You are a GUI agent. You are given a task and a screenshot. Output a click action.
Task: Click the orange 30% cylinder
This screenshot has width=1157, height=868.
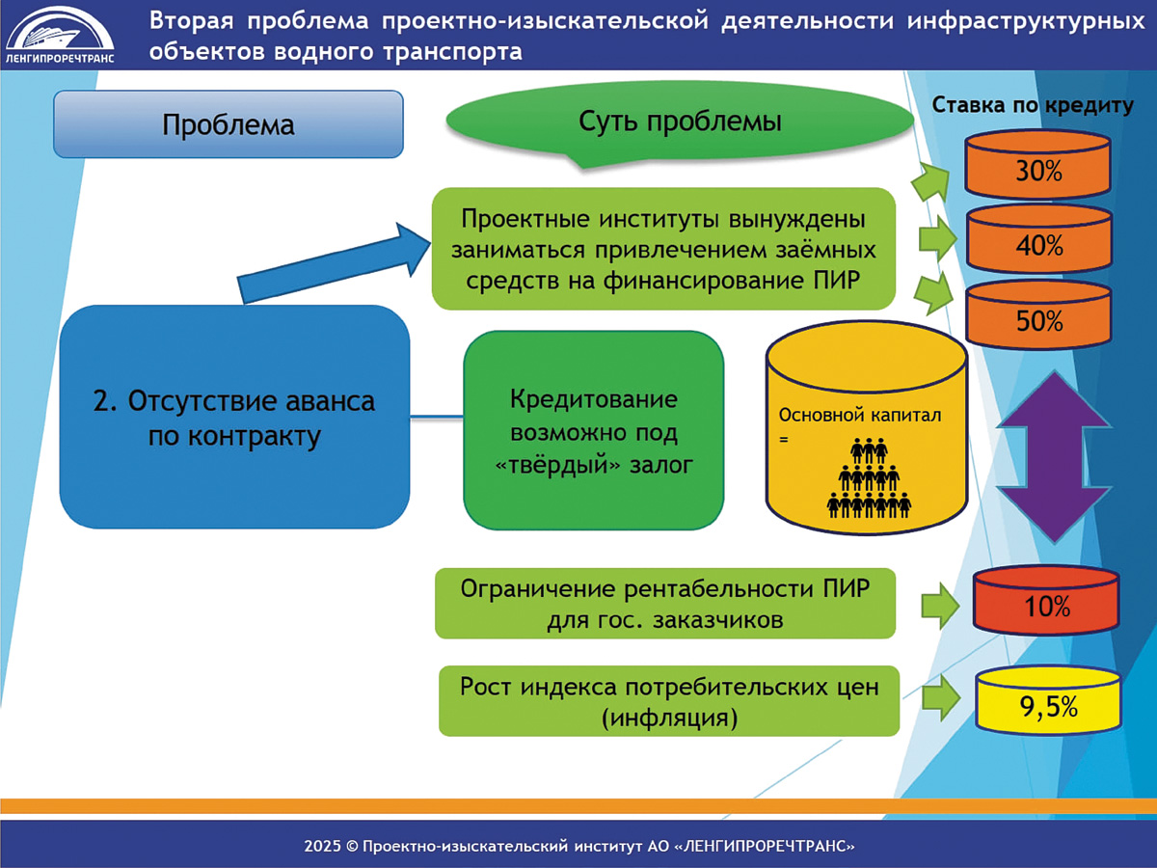tap(1037, 164)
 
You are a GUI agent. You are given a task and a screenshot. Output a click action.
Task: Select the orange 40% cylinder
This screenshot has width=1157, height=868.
tap(1039, 239)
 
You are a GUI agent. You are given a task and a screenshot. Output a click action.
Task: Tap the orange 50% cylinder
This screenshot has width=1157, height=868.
tap(1039, 314)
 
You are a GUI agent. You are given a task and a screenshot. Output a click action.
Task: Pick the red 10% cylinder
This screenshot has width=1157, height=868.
tap(1046, 600)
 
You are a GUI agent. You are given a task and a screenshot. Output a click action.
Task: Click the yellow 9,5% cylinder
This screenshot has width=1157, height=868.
tap(1048, 700)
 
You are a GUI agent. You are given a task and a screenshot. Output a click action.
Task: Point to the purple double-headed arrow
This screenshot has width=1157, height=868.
tap(1055, 457)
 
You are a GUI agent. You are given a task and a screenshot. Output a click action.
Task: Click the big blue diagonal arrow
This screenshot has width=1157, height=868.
tap(335, 262)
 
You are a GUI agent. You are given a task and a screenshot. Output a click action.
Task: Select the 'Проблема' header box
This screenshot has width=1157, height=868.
tap(229, 124)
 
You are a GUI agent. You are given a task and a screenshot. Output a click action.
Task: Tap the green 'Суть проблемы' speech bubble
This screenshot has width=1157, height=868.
tap(680, 123)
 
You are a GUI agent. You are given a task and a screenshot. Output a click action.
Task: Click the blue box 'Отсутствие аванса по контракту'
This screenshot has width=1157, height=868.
tap(234, 417)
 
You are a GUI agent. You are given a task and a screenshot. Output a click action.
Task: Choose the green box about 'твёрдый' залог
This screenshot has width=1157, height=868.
tap(594, 430)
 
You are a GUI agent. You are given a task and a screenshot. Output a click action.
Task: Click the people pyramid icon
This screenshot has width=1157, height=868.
tap(869, 477)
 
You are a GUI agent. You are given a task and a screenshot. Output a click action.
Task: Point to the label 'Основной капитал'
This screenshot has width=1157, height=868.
tap(860, 416)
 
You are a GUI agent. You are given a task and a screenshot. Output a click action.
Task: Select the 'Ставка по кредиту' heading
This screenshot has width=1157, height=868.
tap(1033, 105)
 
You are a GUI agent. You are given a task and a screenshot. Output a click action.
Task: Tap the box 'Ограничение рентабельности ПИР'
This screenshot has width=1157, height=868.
tap(665, 604)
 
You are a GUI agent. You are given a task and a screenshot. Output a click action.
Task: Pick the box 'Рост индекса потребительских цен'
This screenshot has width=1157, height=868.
tap(669, 701)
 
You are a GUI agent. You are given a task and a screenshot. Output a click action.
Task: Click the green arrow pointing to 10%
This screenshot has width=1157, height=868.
tap(940, 606)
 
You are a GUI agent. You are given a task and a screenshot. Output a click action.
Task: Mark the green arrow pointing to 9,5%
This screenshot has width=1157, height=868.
tap(941, 698)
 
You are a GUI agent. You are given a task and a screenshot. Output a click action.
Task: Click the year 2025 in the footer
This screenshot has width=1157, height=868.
tap(323, 847)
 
